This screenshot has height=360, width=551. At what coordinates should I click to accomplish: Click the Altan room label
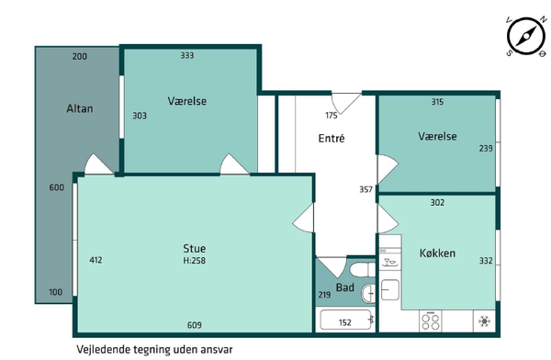coord(80,108)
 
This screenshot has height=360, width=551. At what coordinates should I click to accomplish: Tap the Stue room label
coord(195,249)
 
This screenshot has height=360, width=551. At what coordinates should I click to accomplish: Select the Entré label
coord(332,138)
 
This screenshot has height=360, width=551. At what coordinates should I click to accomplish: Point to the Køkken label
coord(437,253)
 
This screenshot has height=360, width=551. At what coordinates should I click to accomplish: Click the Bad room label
coord(345,287)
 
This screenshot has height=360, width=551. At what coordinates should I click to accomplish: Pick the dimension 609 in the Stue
coord(195,325)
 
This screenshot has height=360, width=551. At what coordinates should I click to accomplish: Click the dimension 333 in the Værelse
coord(187,55)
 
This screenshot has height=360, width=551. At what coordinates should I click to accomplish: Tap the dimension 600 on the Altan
coord(57,187)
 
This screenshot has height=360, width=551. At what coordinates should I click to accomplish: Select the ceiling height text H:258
coord(195,261)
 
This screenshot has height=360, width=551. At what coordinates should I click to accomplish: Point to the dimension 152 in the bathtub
coord(345,322)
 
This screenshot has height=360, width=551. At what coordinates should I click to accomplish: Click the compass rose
coord(526,36)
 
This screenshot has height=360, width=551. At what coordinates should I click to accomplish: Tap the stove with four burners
coord(431,321)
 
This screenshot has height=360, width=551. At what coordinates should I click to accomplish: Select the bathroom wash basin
coord(368,294)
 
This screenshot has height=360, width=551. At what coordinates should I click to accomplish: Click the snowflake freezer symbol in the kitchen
coord(484,321)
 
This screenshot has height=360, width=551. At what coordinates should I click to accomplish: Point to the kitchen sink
coord(390,289)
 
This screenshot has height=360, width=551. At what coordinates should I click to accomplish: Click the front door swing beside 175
coord(346,104)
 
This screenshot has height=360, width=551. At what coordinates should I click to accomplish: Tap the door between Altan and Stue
coord(99,163)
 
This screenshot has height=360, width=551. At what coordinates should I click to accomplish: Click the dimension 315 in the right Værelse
coord(437,102)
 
